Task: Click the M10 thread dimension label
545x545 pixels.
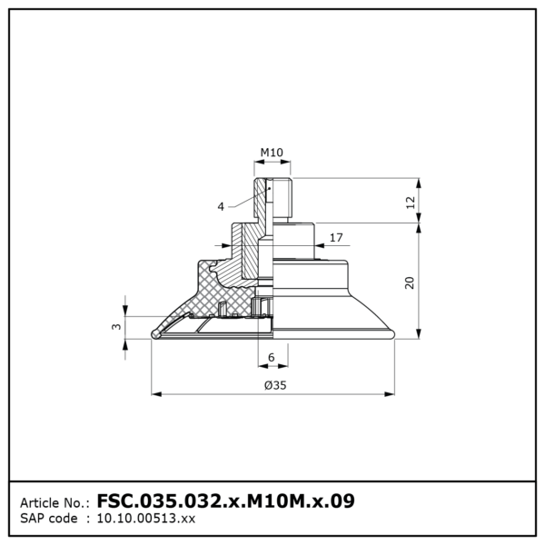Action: point(272,153)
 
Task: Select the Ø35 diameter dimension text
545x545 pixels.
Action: point(275,385)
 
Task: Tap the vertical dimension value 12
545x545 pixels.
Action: point(411,203)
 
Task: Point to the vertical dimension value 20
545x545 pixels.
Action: point(410,282)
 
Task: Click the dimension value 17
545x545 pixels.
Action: point(336,237)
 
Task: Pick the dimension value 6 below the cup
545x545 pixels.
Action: point(272,357)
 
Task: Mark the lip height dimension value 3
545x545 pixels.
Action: point(116,327)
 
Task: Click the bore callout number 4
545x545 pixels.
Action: point(221,207)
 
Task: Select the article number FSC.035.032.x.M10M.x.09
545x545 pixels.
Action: point(225,500)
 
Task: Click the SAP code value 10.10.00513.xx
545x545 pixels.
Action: point(146,519)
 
